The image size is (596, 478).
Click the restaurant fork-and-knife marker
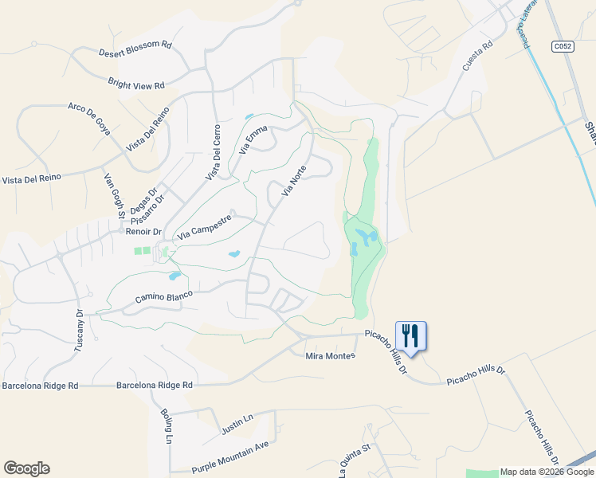click(410, 335)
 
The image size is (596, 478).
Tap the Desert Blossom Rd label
click(135, 49)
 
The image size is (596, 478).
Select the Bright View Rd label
click(136, 83)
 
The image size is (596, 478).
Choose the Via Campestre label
click(205, 226)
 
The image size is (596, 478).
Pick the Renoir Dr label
click(143, 232)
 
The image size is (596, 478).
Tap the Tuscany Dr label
click(79, 331)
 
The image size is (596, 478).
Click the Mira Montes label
click(330, 355)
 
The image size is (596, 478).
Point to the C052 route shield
click(563, 47)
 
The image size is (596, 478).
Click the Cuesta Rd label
click(478, 57)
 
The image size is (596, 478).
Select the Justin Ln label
click(237, 423)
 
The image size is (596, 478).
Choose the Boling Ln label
click(167, 426)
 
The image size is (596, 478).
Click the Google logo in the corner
click(26, 468)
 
